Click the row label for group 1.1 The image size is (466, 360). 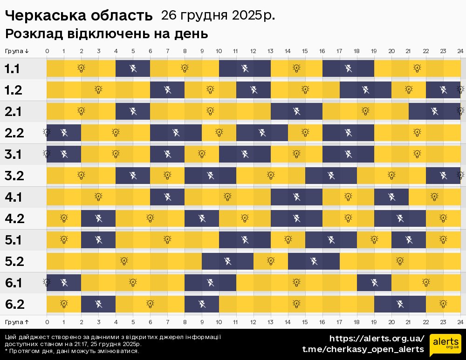[12, 69]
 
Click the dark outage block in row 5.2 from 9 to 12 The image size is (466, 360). [228, 261]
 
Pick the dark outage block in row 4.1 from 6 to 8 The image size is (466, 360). [167, 197]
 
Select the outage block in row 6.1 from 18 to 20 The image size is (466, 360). [374, 283]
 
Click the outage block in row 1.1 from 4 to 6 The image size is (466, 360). [133, 69]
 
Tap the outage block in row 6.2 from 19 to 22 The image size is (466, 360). [400, 304]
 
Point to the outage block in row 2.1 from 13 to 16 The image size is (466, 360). [297, 112]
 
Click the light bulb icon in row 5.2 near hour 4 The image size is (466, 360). [124, 261]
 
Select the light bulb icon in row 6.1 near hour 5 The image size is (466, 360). [133, 283]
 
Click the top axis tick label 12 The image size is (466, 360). [253, 51]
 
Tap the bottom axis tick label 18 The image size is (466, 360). [356, 322]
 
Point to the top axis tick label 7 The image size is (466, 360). [167, 51]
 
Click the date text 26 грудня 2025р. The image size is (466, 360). [218, 15]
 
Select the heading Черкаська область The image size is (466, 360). [79, 16]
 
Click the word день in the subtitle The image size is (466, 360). [193, 34]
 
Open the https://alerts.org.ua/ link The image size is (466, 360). [377, 339]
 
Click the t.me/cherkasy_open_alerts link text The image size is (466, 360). [363, 349]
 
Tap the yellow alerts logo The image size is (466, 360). [445, 344]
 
